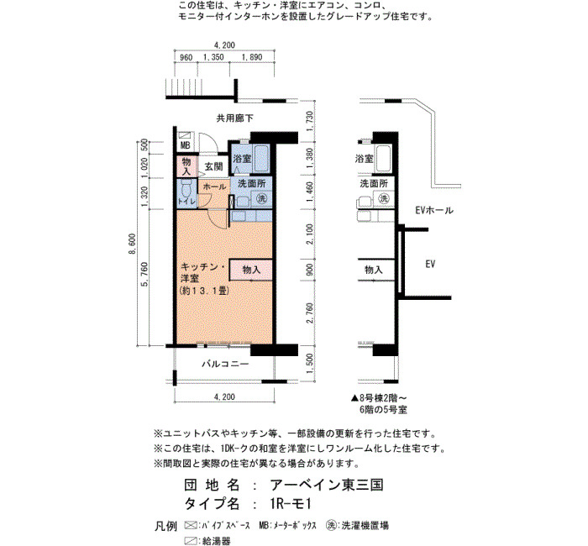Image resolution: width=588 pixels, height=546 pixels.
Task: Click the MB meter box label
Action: pyautogui.click(x=186, y=144)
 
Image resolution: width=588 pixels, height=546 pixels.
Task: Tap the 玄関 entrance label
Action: pyautogui.click(x=213, y=166)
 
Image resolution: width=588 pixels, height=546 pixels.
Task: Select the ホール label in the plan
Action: pyautogui.click(x=214, y=186)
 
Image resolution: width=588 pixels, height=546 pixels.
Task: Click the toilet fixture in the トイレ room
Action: pyautogui.click(x=186, y=188)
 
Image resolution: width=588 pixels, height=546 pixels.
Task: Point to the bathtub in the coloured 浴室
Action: pyautogui.click(x=260, y=158)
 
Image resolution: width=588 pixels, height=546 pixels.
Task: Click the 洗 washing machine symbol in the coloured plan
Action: pyautogui.click(x=261, y=198)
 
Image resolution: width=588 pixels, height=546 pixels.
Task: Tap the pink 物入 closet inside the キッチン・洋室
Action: pyautogui.click(x=251, y=270)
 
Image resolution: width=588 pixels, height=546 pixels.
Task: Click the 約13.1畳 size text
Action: pyautogui.click(x=204, y=291)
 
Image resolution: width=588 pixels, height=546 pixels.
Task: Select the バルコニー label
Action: pyautogui.click(x=225, y=364)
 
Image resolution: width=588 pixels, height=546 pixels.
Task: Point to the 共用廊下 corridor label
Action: pyautogui.click(x=234, y=118)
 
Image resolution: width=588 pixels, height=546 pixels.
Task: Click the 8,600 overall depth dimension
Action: pyautogui.click(x=133, y=244)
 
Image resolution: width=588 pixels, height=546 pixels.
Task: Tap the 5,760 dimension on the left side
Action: pyautogui.click(x=144, y=274)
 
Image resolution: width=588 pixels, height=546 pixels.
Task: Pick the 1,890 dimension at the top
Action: pyautogui.click(x=252, y=57)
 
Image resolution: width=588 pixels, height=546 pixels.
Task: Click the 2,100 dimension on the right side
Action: pyautogui.click(x=309, y=234)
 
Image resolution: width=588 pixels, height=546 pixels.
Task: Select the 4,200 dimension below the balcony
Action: pyautogui.click(x=224, y=396)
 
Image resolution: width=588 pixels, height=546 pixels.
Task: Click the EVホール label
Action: pyautogui.click(x=434, y=210)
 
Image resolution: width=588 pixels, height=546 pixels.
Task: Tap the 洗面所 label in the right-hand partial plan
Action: pyautogui.click(x=374, y=184)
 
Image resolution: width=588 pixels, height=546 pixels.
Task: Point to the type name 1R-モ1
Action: pyautogui.click(x=291, y=503)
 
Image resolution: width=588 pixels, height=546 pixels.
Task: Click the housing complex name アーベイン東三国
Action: pyautogui.click(x=326, y=485)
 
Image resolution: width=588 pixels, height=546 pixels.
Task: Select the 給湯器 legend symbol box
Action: pyautogui.click(x=191, y=541)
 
